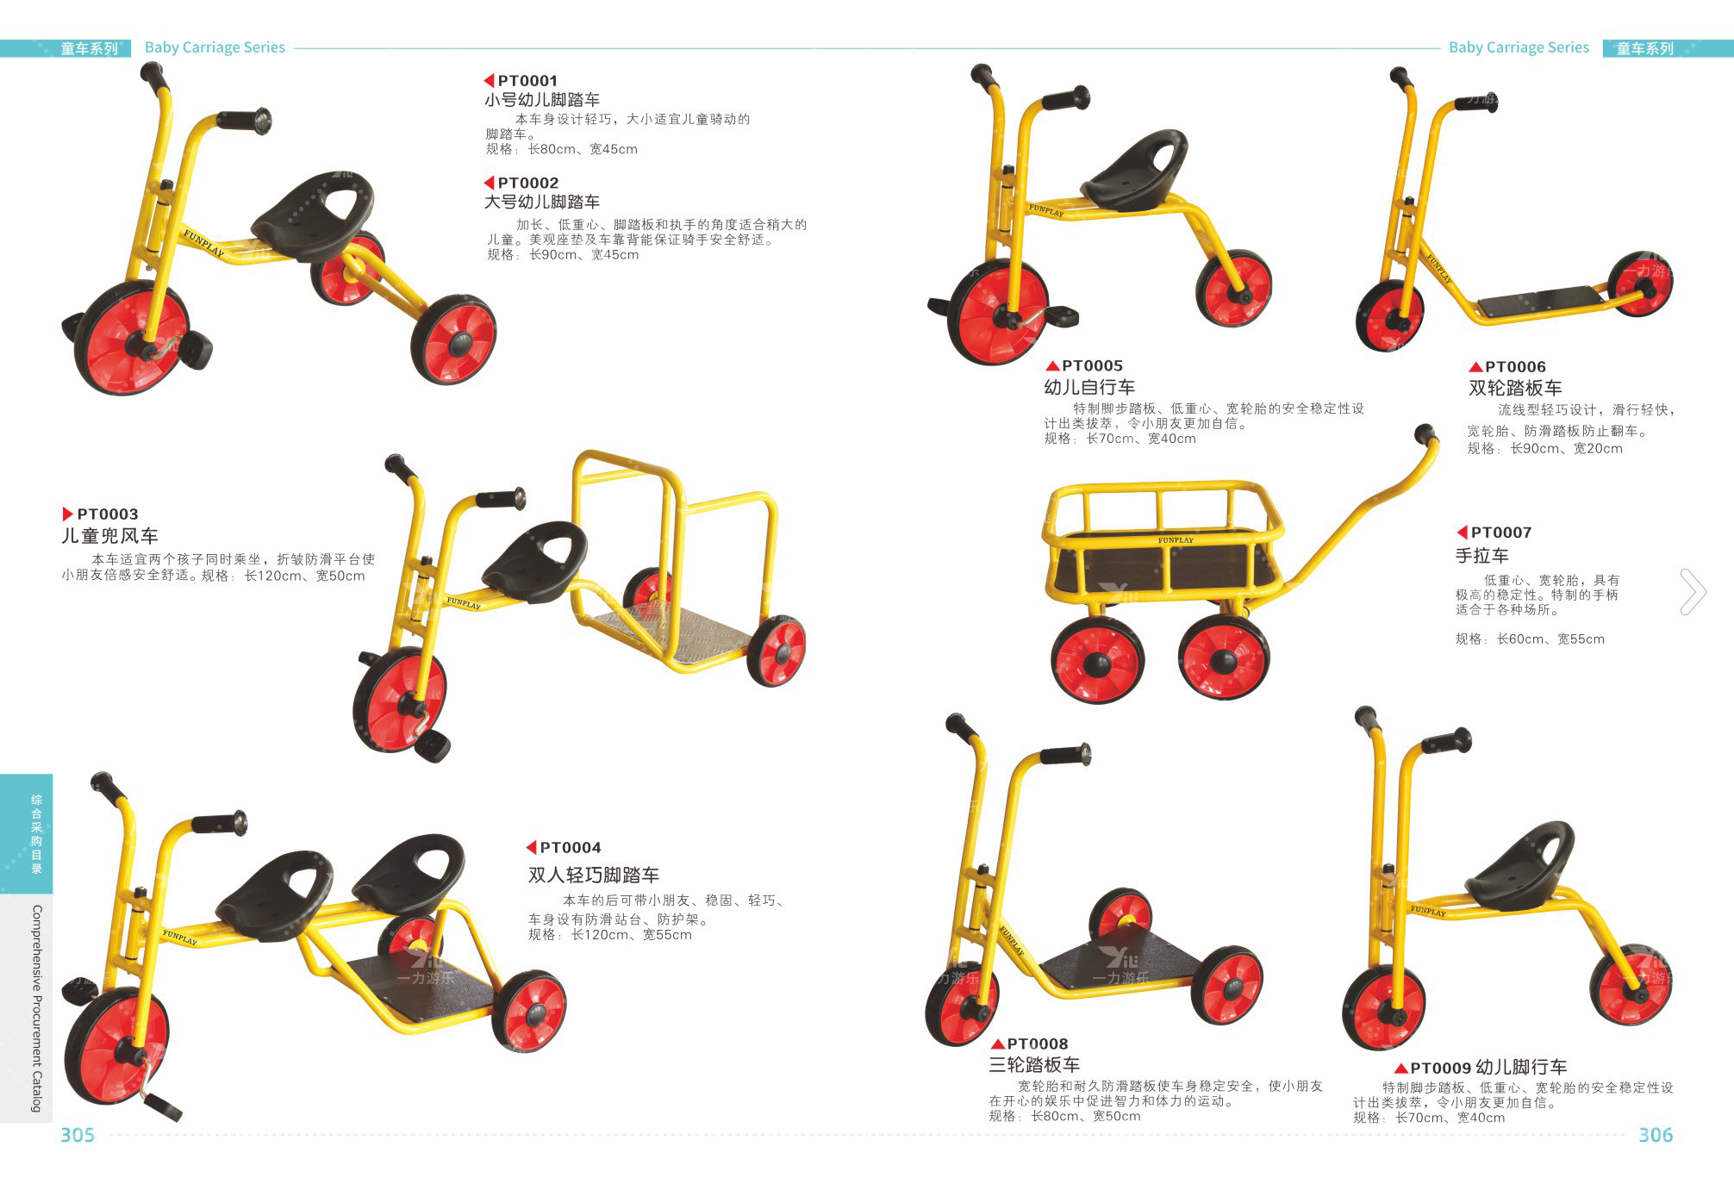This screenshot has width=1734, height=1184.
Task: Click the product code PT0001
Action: tap(527, 81)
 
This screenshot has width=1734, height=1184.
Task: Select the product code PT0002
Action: tap(528, 183)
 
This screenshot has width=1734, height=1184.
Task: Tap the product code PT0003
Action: tap(108, 514)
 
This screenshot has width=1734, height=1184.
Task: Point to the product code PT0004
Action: tap(571, 847)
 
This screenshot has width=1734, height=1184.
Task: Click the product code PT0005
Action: tap(1092, 365)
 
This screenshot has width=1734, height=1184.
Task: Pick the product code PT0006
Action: tap(1515, 366)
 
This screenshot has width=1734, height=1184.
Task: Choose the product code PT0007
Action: tap(1501, 533)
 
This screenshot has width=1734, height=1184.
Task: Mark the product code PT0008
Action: tap(1038, 1044)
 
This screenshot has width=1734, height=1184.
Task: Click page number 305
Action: tap(78, 1135)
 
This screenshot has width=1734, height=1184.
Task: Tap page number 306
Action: tap(1656, 1135)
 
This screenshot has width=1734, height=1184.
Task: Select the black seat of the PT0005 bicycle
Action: tap(1134, 170)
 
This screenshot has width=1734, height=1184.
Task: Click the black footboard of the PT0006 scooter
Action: tap(1541, 302)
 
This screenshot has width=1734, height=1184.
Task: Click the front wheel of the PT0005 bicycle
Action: tap(997, 312)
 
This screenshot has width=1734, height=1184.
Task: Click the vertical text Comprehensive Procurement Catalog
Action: tap(37, 1008)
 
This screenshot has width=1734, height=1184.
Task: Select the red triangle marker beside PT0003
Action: tap(68, 514)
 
